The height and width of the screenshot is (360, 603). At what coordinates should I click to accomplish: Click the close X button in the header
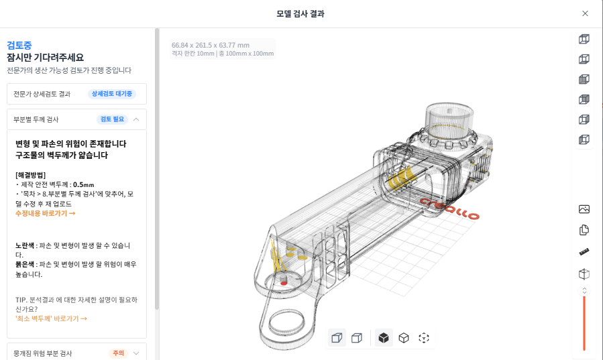coord(585,13)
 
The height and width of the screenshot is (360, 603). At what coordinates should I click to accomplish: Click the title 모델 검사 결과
coord(301,13)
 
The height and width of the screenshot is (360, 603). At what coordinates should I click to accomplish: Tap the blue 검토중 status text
coord(19,46)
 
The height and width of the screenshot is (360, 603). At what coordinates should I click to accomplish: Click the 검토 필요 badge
coord(112,119)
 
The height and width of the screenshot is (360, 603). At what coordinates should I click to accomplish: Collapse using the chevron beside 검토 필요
coord(136,119)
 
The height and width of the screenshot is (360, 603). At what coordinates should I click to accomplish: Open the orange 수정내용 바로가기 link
coord(45,213)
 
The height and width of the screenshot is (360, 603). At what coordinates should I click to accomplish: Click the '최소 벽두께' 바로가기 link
coord(51,318)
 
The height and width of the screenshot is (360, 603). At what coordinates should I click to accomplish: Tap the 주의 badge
coord(118,353)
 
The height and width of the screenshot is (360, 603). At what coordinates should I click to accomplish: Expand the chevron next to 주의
coord(136,353)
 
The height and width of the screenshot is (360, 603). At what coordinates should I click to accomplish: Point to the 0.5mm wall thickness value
coord(83,184)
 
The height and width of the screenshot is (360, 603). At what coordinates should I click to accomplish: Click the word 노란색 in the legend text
coord(26,245)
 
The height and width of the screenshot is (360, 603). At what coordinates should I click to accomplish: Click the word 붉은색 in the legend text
coord(26,265)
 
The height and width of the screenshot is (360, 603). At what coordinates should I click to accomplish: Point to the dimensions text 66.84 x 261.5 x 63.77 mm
coord(210,46)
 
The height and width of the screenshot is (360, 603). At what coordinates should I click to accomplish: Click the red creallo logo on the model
coord(450,208)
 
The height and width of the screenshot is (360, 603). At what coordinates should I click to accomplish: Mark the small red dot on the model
coord(284,283)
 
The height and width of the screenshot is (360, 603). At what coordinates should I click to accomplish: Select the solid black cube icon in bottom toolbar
coord(383,338)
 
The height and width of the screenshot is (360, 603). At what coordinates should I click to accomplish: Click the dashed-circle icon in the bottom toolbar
coord(424,338)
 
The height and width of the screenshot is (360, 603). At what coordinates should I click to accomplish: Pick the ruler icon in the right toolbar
coord(584,252)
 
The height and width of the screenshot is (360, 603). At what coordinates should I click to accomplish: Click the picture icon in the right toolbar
coord(584,209)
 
